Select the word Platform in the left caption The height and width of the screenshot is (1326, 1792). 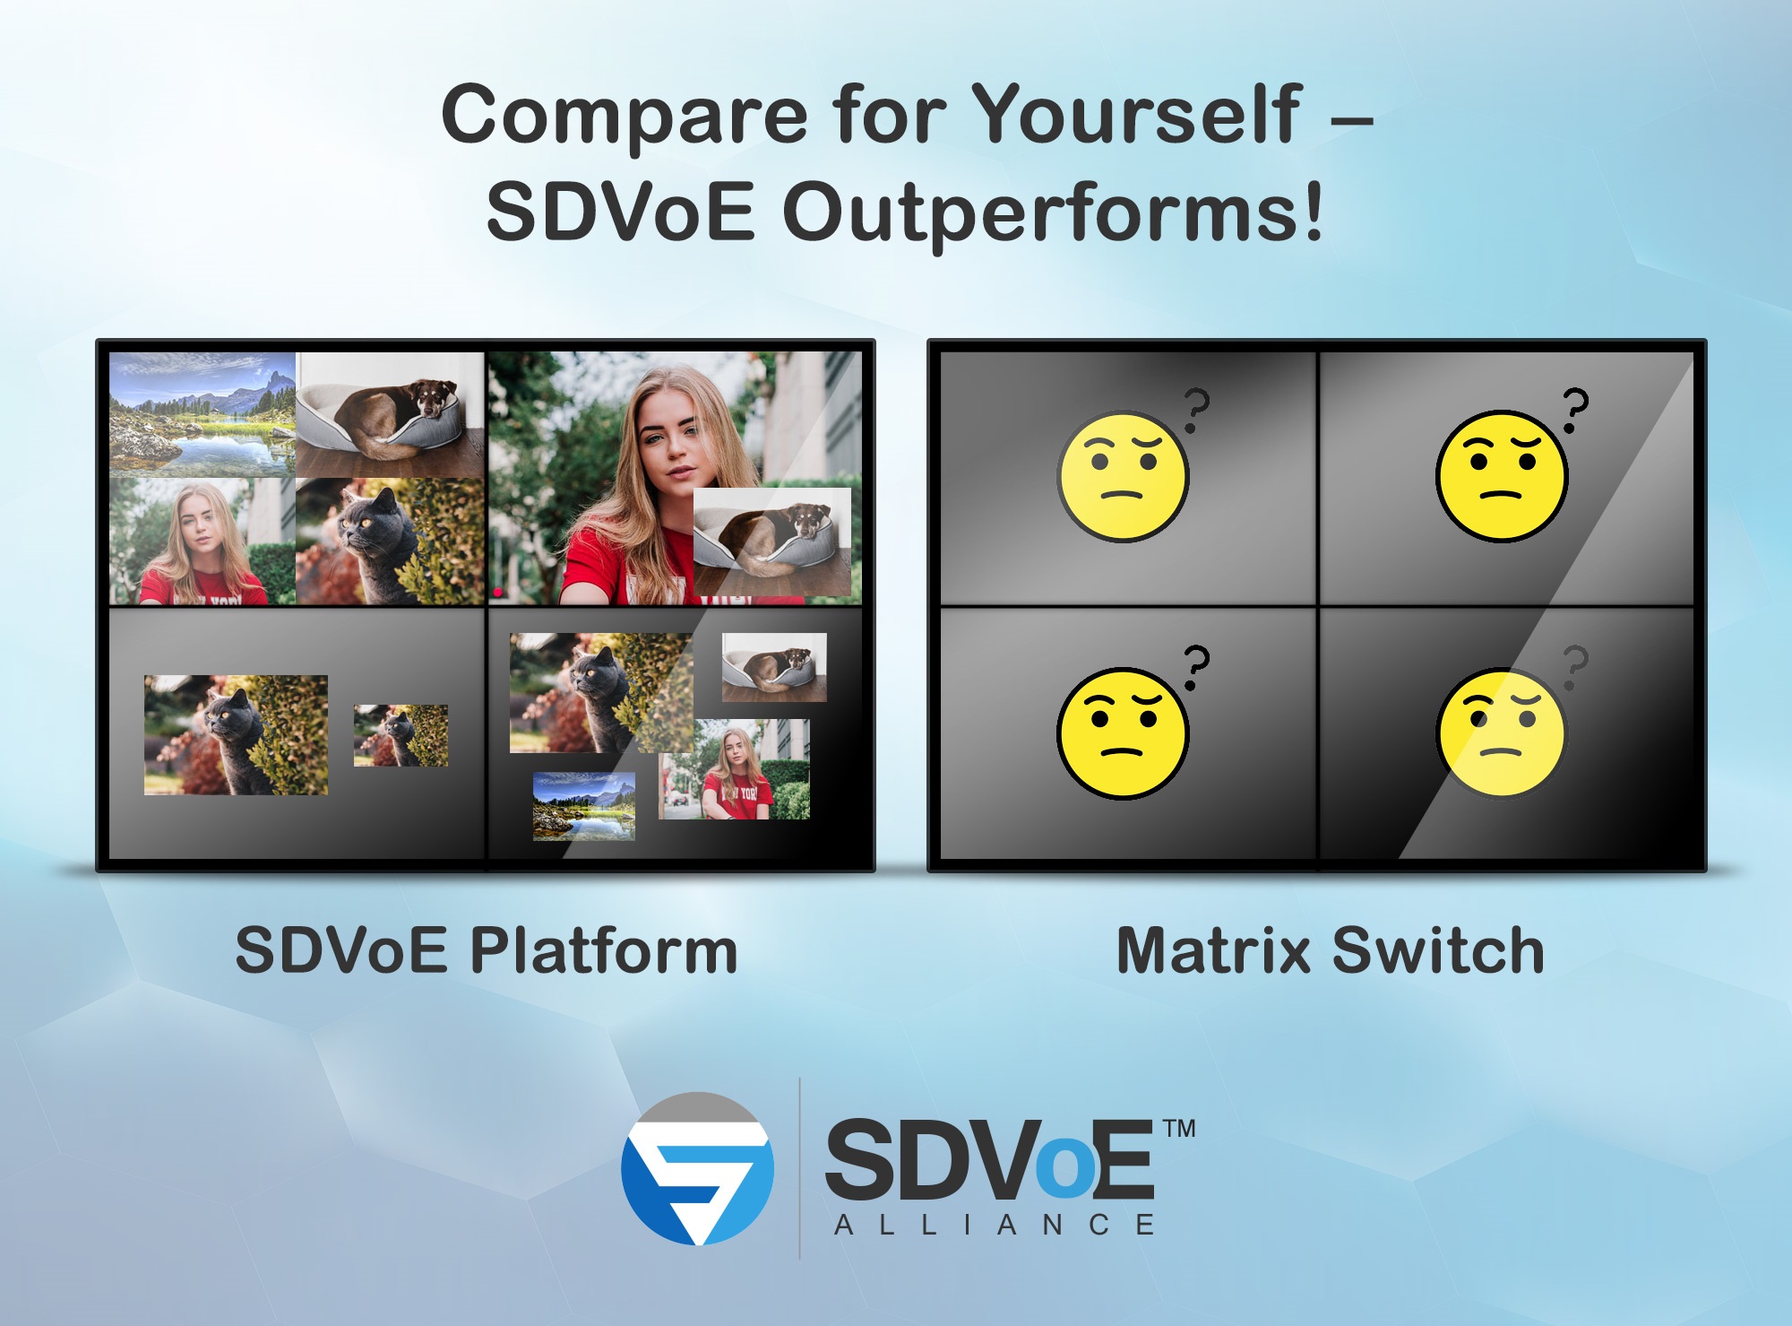pos(604,952)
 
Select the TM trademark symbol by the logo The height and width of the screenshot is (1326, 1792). pos(1179,1129)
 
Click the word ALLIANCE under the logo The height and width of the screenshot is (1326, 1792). pos(995,1226)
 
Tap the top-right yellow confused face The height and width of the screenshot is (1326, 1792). pos(1502,476)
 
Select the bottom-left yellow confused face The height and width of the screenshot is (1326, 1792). pos(1123,732)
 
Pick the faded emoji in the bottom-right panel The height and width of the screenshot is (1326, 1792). pos(1502,732)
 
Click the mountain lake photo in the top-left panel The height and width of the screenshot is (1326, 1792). pos(202,414)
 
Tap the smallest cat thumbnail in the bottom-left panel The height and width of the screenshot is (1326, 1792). pos(401,735)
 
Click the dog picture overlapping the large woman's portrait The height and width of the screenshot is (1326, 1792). pos(771,541)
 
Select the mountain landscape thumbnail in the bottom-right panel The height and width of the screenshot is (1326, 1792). pos(584,805)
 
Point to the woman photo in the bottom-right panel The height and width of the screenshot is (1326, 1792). pos(735,769)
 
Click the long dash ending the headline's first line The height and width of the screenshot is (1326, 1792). pos(1351,119)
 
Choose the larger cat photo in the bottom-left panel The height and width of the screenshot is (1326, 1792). pos(236,735)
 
